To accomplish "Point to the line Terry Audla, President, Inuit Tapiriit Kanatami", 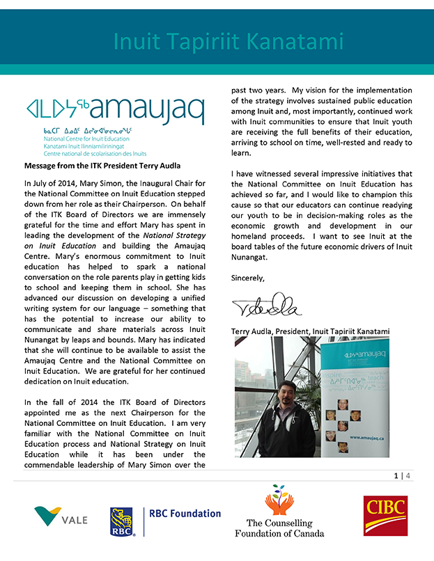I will [310, 331].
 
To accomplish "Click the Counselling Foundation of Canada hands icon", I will [279, 499].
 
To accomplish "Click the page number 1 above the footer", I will [396, 476].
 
